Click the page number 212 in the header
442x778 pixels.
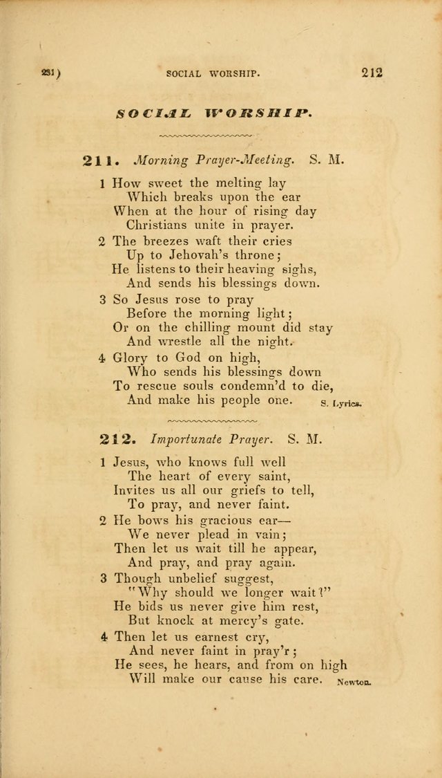[370, 73]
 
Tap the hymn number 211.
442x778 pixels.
[101, 160]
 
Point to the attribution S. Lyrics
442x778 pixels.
[341, 402]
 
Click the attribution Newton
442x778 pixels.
[354, 681]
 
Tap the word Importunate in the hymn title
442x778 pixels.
[175, 438]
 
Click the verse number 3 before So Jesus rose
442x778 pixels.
[102, 300]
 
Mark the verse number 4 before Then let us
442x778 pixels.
[103, 636]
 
